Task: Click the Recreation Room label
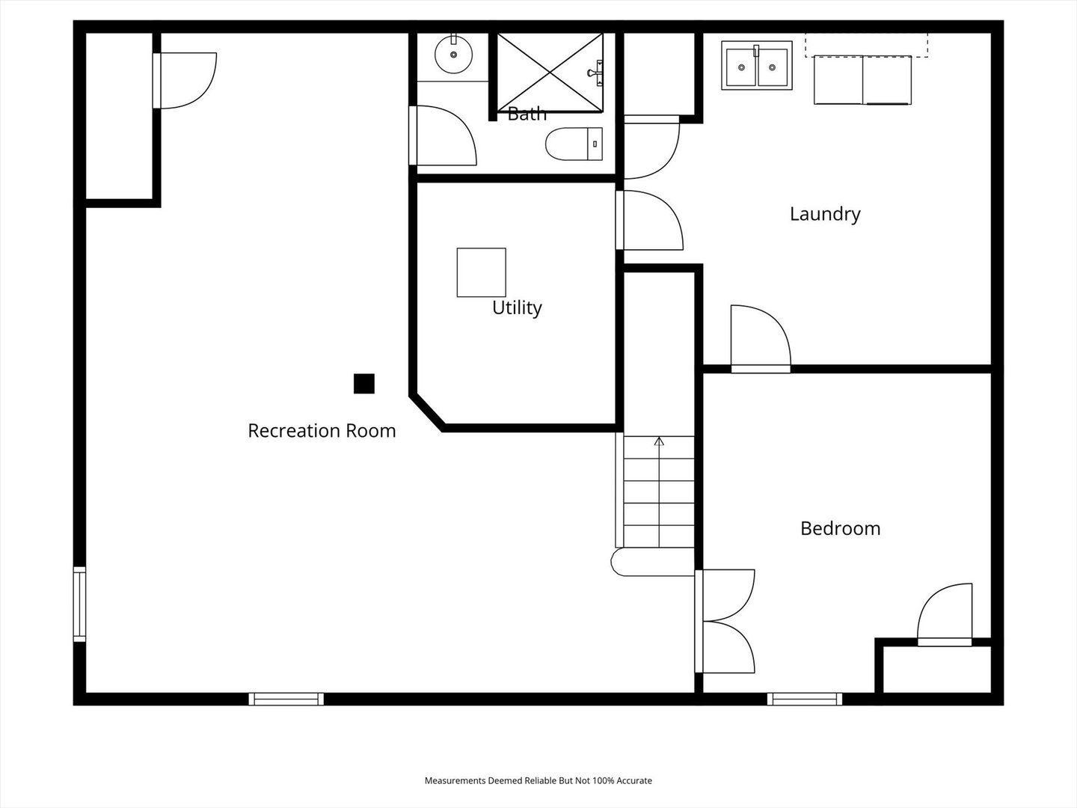[322, 431]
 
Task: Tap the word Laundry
[825, 215]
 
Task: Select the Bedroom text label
[840, 528]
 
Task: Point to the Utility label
[517, 308]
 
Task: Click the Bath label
[527, 114]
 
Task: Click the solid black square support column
[364, 384]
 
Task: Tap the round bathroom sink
[453, 54]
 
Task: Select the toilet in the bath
[574, 144]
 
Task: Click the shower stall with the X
[550, 73]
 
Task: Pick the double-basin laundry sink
[757, 65]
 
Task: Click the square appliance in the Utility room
[482, 272]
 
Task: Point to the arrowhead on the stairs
[659, 441]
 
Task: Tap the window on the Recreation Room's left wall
[79, 604]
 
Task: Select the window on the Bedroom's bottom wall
[805, 699]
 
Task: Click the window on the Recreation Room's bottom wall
[286, 699]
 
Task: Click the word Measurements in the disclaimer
[455, 780]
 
